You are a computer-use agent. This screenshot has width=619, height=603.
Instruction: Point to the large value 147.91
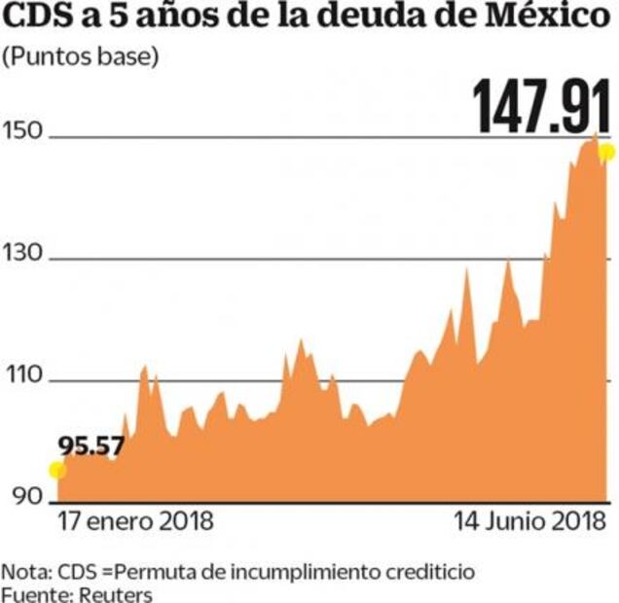(x=543, y=106)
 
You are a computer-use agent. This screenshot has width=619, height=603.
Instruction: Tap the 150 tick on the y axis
(x=22, y=132)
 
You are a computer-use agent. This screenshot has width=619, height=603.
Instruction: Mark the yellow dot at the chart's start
(x=57, y=471)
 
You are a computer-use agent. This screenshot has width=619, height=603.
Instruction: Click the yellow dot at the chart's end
(x=607, y=152)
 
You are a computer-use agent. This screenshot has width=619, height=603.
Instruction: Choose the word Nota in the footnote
(x=21, y=569)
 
